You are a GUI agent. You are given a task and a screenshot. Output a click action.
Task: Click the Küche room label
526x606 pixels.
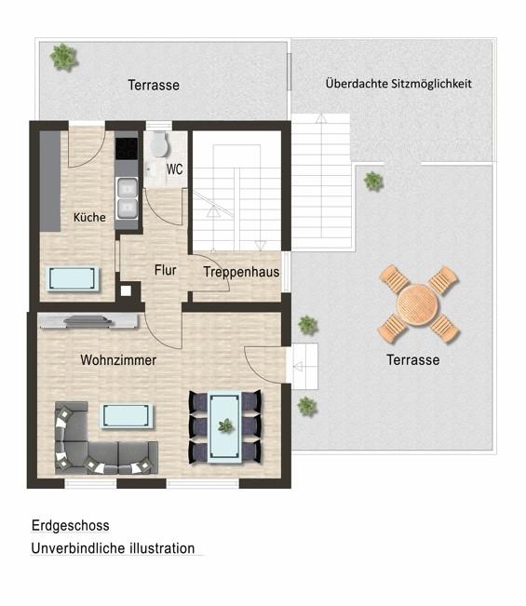click(89, 217)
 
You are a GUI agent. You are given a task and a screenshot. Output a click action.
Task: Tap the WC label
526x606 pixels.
click(174, 169)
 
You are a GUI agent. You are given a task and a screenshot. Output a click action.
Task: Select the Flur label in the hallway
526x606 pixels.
click(166, 270)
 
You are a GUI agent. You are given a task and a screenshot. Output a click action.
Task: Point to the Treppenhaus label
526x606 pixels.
click(241, 272)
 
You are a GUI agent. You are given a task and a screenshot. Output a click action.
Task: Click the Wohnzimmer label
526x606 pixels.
click(118, 360)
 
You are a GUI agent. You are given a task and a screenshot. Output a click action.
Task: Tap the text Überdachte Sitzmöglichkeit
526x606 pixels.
click(398, 84)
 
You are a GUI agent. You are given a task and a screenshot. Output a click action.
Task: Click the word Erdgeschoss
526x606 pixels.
click(71, 526)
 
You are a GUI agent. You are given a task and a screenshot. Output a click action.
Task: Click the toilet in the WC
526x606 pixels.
click(159, 144)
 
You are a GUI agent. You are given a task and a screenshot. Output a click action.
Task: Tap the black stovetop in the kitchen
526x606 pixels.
click(127, 149)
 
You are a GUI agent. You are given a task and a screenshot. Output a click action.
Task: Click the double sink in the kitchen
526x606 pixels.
click(128, 198)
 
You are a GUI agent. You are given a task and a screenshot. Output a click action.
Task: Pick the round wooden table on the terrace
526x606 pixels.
click(418, 305)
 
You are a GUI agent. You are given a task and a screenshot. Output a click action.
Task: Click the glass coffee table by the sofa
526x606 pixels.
click(127, 416)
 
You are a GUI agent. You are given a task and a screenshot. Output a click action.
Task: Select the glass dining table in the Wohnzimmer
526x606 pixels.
click(224, 426)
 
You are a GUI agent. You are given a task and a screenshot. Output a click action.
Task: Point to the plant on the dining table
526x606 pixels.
click(225, 426)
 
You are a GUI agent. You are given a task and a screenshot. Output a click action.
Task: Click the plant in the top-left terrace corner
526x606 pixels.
click(63, 57)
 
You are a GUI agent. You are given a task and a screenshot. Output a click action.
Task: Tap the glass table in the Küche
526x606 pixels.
click(73, 278)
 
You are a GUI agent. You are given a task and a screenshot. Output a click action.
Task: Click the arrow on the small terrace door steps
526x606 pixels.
click(298, 367)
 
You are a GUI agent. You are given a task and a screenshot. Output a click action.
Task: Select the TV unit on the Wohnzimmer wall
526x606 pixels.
click(88, 321)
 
